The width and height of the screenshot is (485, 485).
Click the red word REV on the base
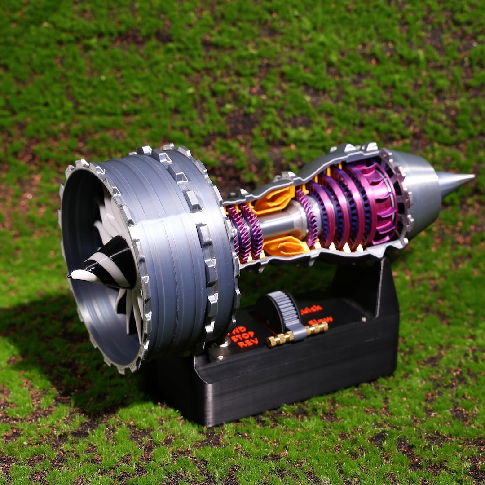click(x=248, y=344)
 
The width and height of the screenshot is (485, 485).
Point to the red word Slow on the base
click(x=320, y=320)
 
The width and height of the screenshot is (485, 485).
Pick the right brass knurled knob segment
click(x=317, y=328)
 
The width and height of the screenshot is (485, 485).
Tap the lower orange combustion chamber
click(x=286, y=246)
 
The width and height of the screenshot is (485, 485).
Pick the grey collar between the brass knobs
click(x=298, y=334)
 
